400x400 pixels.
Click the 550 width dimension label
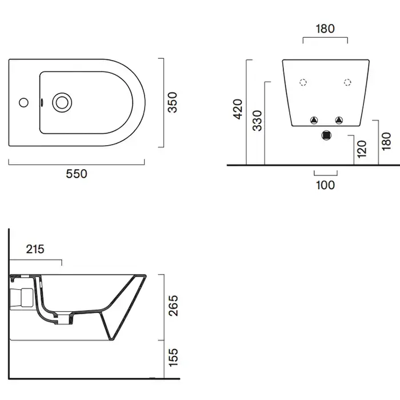tap(77, 174)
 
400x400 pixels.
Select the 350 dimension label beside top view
tap(173, 102)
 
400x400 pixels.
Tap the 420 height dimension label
tap(238, 109)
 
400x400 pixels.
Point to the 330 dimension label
tap(257, 121)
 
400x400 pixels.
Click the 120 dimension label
tap(362, 149)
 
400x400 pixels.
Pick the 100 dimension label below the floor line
tap(325, 185)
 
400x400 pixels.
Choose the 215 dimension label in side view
tap(35, 249)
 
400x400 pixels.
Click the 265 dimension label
tap(173, 306)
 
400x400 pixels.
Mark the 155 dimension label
tap(173, 358)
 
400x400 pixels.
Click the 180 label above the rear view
tap(325, 29)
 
